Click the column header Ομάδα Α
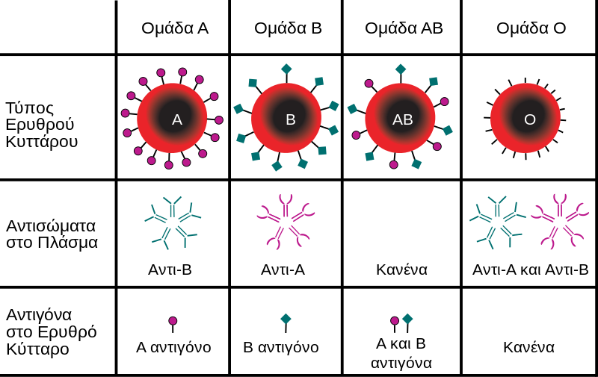click(x=175, y=28)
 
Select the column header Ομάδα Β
click(x=288, y=28)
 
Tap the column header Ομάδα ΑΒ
click(x=404, y=28)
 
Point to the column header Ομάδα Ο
click(x=531, y=28)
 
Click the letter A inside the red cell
click(x=177, y=119)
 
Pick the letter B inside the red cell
click(x=291, y=119)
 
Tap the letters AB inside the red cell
click(x=403, y=119)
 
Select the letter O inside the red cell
click(x=530, y=119)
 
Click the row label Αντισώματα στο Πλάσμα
click(x=52, y=234)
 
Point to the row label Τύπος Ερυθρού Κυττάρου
click(x=42, y=125)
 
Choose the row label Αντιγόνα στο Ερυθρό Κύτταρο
click(x=52, y=331)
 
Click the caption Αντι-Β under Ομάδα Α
click(x=170, y=269)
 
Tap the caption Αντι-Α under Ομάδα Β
click(x=283, y=269)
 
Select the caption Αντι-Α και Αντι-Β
click(x=531, y=269)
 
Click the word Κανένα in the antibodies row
click(x=401, y=269)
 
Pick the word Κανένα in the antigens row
click(x=528, y=347)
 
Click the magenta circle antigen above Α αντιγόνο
click(x=173, y=321)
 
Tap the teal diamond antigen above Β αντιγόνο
click(x=286, y=319)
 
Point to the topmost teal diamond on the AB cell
click(x=401, y=69)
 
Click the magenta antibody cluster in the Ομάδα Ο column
click(x=560, y=222)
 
